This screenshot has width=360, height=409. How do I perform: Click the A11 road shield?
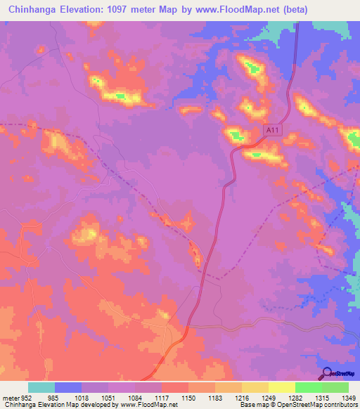[x=273, y=130]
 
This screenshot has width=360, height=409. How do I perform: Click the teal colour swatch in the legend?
[x=41, y=387]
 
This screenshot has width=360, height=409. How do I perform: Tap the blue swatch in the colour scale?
[x=68, y=387]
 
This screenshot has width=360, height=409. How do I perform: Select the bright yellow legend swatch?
[x=282, y=387]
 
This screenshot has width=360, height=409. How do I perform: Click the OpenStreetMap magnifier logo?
[x=326, y=373]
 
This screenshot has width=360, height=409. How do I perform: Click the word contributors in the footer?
[x=341, y=405]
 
